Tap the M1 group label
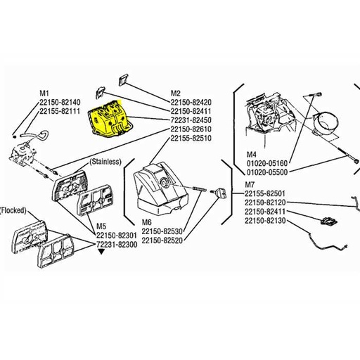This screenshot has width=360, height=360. pos(43,93)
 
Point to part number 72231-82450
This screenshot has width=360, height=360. pos(192,120)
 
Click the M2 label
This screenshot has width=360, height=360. pos(176,93)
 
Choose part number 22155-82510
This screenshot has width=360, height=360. pos(192,139)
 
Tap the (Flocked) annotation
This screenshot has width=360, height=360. pos(15,210)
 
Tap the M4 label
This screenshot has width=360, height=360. pos(251,153)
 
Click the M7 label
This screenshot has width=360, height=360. pos(250,184)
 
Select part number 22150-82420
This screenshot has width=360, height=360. pos(192,102)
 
